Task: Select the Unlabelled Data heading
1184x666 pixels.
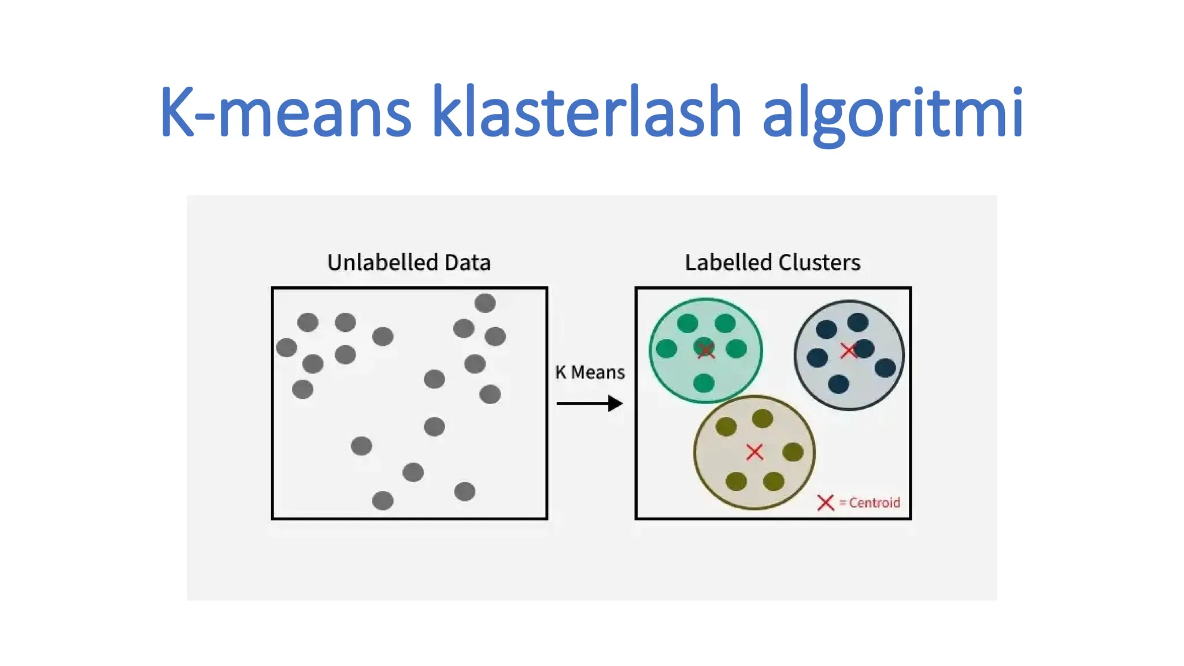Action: click(x=409, y=262)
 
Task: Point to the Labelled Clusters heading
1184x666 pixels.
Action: click(x=772, y=262)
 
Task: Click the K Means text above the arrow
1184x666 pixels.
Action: click(x=590, y=372)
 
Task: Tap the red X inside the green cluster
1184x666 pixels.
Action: click(x=706, y=350)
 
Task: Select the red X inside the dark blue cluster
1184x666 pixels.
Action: click(x=848, y=350)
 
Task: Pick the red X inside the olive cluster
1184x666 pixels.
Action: click(x=754, y=452)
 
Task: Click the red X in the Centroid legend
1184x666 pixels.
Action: click(x=826, y=502)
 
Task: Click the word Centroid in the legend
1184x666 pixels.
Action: click(x=874, y=503)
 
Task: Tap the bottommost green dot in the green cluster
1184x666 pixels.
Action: click(x=704, y=383)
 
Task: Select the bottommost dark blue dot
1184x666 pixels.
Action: click(x=838, y=384)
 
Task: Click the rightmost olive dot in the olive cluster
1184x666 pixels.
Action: click(x=793, y=452)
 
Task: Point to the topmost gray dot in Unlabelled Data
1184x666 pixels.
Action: click(x=484, y=303)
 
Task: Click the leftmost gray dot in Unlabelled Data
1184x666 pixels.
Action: click(x=286, y=347)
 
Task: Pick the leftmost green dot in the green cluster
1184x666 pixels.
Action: click(x=667, y=349)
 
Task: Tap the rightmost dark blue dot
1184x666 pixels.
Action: click(x=885, y=367)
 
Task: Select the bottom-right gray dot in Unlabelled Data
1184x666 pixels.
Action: click(x=464, y=491)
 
